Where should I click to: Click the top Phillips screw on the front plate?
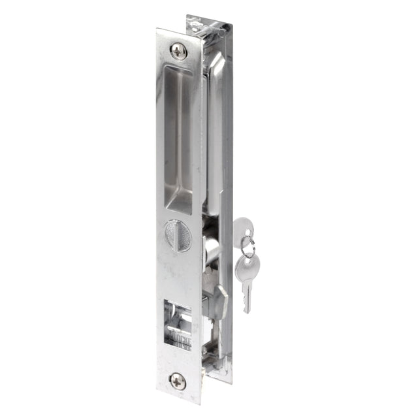coord(178,50)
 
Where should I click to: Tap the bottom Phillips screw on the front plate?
coord(178,381)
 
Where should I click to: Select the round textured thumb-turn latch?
coord(176,233)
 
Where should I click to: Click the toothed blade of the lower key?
coord(247,297)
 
